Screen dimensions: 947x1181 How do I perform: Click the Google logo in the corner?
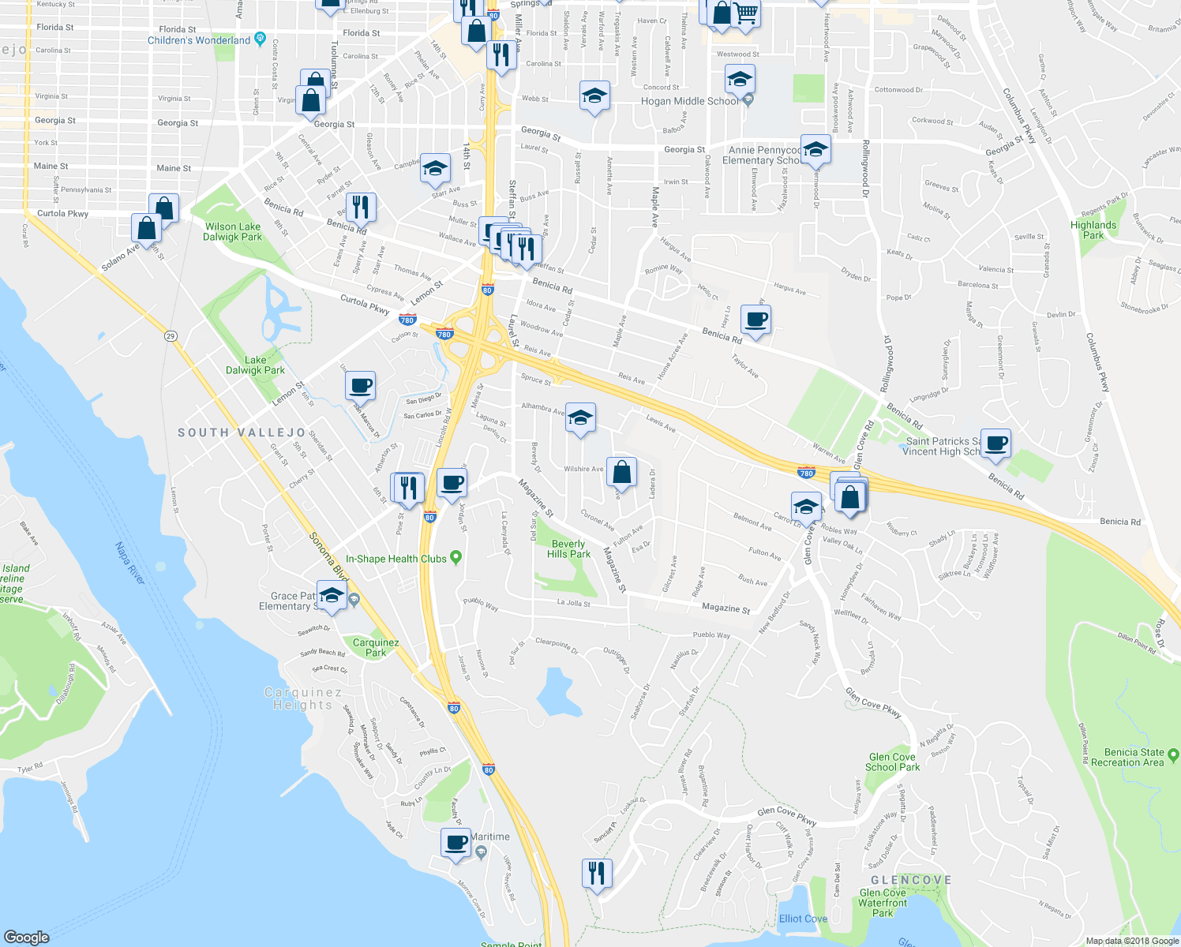(27, 937)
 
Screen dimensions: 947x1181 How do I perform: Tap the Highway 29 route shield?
(171, 336)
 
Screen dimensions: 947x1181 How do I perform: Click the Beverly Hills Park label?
(568, 548)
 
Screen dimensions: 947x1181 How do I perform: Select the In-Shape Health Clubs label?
(396, 559)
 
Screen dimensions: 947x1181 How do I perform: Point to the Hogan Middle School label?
(690, 101)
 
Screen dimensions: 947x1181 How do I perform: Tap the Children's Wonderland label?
(199, 40)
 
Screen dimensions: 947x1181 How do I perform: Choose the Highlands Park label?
(1093, 230)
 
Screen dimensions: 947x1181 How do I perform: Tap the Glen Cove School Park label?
(892, 762)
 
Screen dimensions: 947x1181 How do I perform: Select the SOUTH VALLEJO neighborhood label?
(242, 432)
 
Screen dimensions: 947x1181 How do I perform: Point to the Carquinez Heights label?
(303, 698)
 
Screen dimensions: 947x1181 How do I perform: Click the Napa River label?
(129, 563)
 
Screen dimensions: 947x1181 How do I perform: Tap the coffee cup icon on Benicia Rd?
(755, 320)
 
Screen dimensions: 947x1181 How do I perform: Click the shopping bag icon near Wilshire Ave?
(621, 472)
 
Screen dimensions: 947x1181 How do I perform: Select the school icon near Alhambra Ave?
(580, 417)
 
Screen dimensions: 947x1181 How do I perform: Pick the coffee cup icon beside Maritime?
(456, 842)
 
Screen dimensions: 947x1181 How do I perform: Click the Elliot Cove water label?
(803, 919)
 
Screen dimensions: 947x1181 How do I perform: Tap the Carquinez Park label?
(376, 647)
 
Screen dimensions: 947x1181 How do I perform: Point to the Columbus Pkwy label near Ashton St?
(1018, 116)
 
